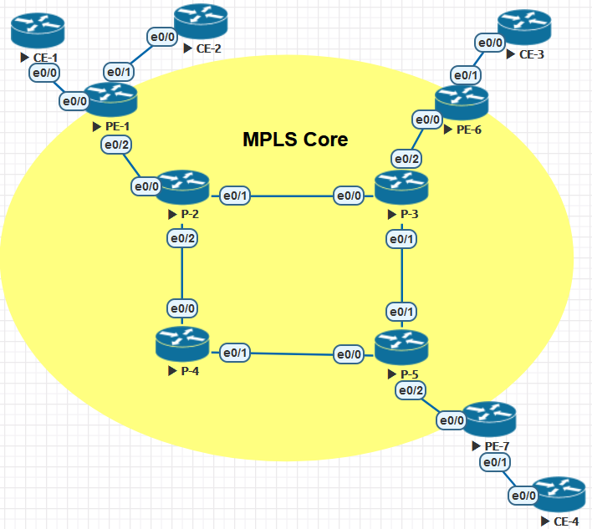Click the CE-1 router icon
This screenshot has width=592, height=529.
click(38, 31)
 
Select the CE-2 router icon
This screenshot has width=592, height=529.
click(201, 21)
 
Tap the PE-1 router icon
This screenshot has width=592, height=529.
click(110, 100)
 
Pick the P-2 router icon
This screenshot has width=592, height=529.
click(182, 187)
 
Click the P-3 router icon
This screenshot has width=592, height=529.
click(401, 187)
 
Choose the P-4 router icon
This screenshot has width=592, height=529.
click(182, 344)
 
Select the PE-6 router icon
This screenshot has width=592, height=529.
click(462, 103)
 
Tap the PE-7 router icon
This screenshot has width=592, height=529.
click(489, 420)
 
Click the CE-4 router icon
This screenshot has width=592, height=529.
click(559, 494)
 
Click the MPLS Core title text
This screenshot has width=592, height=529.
click(295, 140)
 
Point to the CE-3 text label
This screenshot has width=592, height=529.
click(532, 54)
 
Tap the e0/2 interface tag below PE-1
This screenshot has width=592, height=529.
click(116, 145)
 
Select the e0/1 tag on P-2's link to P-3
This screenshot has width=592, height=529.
click(235, 196)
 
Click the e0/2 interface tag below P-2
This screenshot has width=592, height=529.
click(182, 238)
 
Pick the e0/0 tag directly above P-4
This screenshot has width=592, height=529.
click(182, 308)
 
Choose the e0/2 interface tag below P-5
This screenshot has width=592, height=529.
click(411, 390)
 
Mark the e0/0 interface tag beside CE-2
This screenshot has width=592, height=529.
click(162, 37)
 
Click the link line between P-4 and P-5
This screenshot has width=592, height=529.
click(292, 354)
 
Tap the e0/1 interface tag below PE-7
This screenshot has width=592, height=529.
click(495, 463)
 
